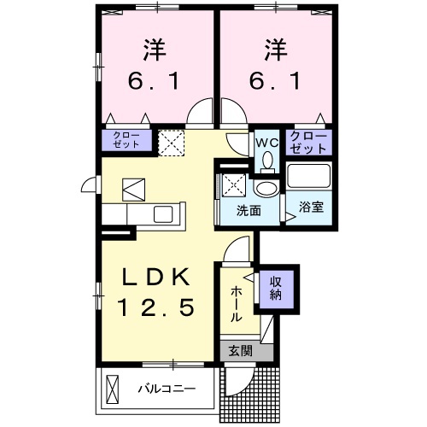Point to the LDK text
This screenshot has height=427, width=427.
(155, 278)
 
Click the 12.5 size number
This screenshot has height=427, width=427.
(155, 306)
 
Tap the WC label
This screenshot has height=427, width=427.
(266, 142)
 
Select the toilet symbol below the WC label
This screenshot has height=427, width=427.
(266, 160)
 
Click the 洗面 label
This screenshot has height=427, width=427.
(249, 211)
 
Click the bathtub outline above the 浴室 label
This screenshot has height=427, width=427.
(309, 177)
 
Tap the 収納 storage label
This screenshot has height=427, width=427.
(278, 289)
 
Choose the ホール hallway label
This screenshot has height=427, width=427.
(235, 303)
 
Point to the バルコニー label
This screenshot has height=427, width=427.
(167, 389)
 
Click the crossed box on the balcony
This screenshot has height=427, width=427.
(113, 389)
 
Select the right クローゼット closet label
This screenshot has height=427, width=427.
(309, 142)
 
